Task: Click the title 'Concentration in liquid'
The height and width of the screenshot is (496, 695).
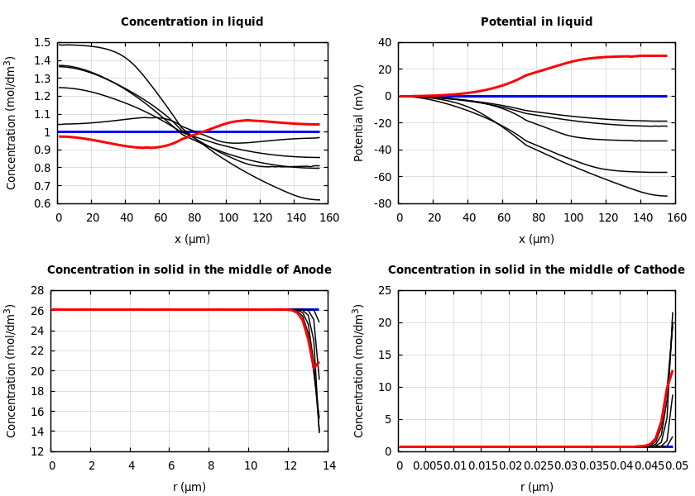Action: click(192, 22)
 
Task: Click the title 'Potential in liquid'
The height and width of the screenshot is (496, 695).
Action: click(536, 22)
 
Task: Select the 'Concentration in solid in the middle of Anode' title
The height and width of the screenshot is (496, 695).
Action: click(189, 270)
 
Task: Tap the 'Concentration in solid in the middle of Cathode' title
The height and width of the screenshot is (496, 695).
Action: click(536, 270)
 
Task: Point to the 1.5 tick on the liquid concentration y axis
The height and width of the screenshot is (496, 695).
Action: click(42, 43)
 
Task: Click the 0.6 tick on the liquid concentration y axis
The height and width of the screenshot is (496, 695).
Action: click(42, 203)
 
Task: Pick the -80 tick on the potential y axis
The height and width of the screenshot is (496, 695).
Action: click(382, 203)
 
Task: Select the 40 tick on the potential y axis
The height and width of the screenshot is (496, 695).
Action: click(386, 43)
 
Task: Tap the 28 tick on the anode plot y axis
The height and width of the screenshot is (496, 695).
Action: click(36, 291)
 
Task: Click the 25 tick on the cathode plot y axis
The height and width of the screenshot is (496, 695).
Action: click(384, 291)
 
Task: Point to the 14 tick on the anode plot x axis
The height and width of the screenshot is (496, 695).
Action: click(328, 466)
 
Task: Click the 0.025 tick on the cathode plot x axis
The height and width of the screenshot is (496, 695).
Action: click(539, 466)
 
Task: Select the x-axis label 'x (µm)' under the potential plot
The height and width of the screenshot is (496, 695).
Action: click(536, 240)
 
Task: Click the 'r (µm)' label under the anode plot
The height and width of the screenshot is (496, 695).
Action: click(189, 488)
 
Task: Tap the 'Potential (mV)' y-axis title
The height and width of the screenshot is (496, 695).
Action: click(359, 122)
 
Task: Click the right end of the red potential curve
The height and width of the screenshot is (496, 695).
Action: click(667, 55)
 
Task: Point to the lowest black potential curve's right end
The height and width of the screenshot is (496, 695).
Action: click(667, 196)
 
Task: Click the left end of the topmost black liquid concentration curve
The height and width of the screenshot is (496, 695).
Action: click(59, 45)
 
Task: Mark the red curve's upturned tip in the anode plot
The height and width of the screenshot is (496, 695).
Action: click(319, 362)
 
